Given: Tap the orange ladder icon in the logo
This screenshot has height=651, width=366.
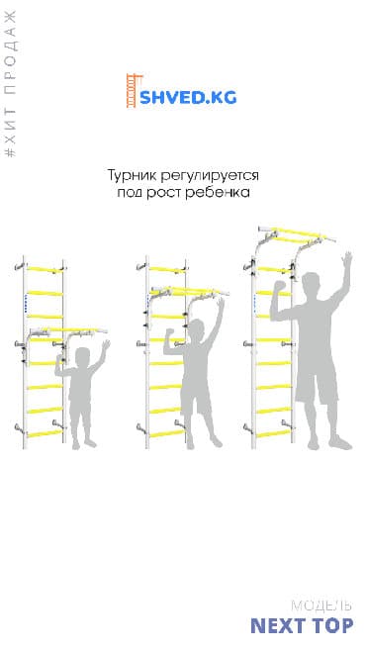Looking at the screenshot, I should [130, 92].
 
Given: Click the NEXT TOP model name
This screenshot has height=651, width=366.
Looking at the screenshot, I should [302, 625].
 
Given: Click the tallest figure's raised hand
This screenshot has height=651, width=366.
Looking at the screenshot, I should [346, 259].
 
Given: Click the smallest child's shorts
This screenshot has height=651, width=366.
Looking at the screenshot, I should [81, 407].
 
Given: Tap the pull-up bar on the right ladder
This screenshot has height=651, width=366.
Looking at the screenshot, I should [292, 236].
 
